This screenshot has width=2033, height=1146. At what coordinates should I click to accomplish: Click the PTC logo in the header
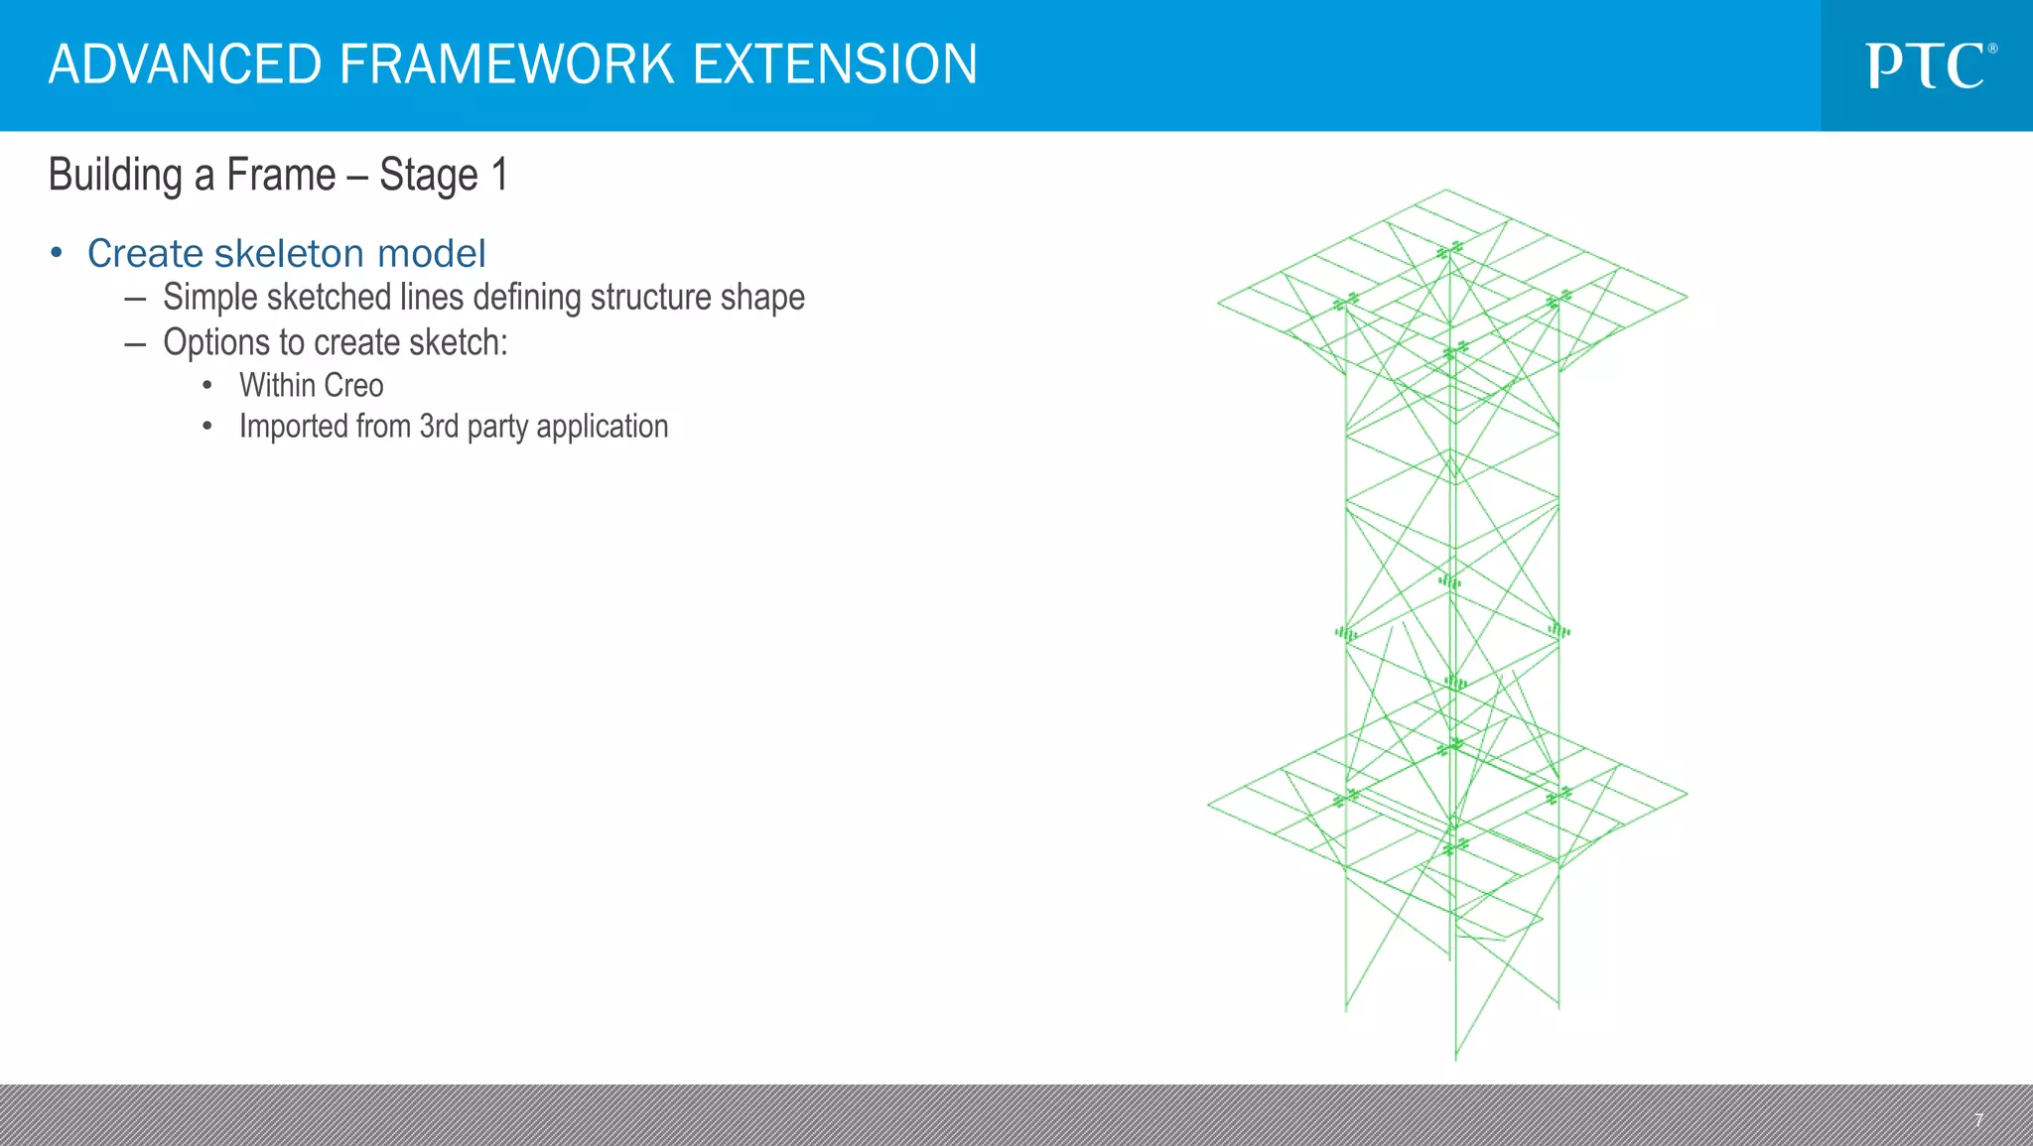pyautogui.click(x=1929, y=65)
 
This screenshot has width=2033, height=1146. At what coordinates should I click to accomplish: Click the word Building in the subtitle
pyautogui.click(x=115, y=176)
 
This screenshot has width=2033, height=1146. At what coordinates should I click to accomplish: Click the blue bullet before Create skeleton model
pyautogui.click(x=57, y=253)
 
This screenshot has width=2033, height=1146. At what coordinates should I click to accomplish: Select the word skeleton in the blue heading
pyautogui.click(x=289, y=253)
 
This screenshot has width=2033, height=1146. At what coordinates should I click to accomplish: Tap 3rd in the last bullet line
pyautogui.click(x=438, y=426)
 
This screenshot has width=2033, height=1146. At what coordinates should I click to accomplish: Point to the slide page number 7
pyautogui.click(x=1978, y=1120)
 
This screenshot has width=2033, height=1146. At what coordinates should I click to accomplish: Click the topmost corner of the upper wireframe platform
pyautogui.click(x=1445, y=190)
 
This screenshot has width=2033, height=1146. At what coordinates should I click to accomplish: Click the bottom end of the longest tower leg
pyautogui.click(x=1455, y=1060)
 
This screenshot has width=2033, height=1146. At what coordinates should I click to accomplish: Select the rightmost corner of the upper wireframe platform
pyautogui.click(x=1687, y=296)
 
